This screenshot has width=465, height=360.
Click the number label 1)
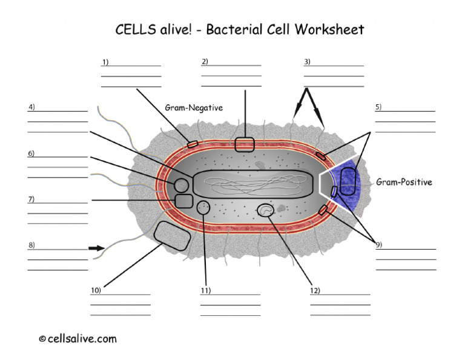click(105, 62)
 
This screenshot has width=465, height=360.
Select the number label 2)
click(205, 61)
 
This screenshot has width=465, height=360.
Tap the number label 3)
click(307, 62)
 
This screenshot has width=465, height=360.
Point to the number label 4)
click(31, 107)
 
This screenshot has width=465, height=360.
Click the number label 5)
click(378, 107)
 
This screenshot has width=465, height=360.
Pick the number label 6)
click(31, 153)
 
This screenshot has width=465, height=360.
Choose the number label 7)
click(31, 199)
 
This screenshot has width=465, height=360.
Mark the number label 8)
click(31, 245)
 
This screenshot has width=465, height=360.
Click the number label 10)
click(96, 290)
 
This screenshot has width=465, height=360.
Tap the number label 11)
click(205, 290)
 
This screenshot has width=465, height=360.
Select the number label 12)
click(315, 290)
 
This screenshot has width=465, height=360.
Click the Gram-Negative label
click(194, 108)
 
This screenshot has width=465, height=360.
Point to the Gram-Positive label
click(404, 182)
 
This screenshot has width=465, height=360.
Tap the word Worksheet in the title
click(329, 29)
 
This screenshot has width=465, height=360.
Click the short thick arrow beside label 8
click(96, 248)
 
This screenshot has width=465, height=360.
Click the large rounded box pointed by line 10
click(173, 236)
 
